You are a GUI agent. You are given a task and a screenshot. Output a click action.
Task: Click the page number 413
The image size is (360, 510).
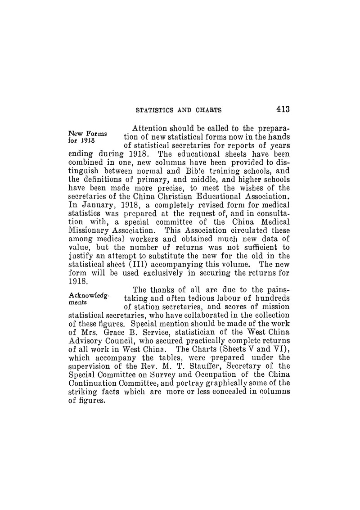click(x=280, y=109)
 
